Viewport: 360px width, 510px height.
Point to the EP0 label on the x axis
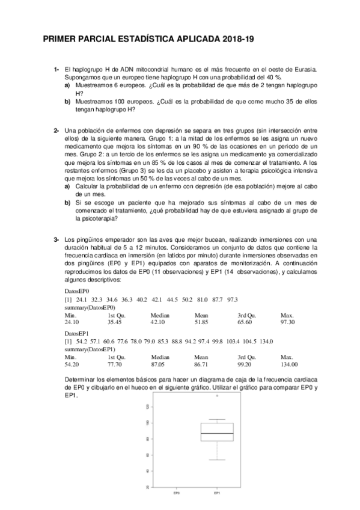(176, 494)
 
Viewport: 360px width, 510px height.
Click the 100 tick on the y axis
(148, 423)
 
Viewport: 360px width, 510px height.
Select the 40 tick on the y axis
(148, 471)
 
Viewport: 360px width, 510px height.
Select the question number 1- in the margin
(56, 70)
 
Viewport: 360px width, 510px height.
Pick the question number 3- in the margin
(56, 240)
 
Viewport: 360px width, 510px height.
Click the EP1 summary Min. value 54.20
(72, 364)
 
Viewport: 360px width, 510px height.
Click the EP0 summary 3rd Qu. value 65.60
(246, 322)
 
